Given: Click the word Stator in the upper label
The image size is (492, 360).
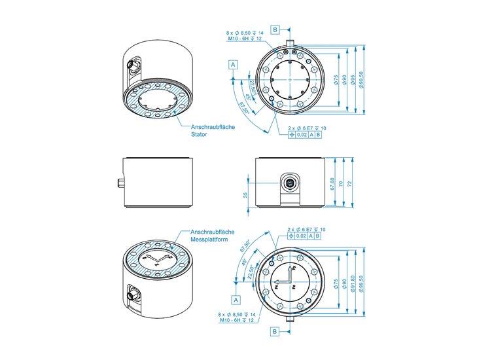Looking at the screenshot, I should point(199,134).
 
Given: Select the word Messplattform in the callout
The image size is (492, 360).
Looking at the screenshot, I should point(207,240).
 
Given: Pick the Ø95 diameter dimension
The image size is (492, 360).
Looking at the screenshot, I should point(352,79).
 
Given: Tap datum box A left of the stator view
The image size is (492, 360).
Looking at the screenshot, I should point(233,64).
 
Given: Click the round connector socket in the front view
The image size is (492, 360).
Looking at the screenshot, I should point(289,183).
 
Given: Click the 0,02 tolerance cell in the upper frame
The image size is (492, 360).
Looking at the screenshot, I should point(302,135).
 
